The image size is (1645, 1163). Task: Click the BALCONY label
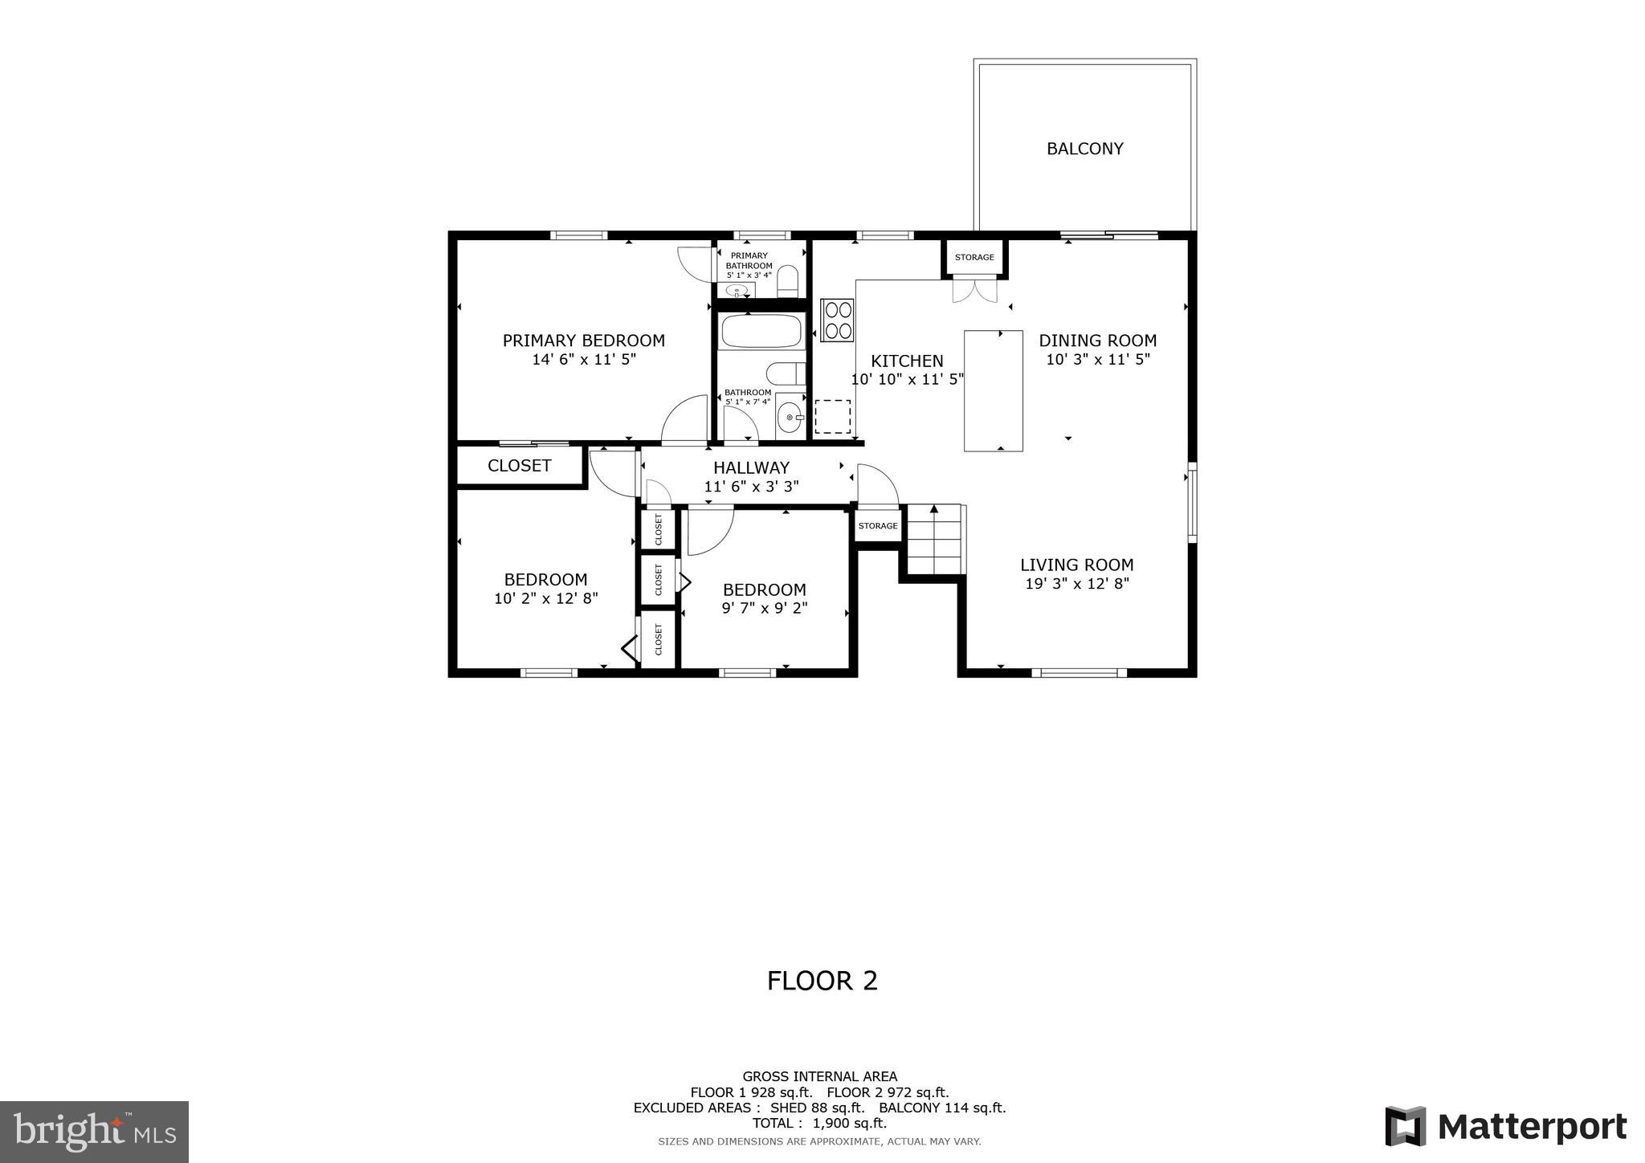click(x=1084, y=149)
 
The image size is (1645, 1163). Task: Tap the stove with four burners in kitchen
click(x=837, y=320)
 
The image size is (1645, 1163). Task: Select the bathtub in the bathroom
click(x=761, y=331)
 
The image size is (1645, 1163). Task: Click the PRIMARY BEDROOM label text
click(x=584, y=341)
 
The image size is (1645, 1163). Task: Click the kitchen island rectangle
click(x=993, y=390)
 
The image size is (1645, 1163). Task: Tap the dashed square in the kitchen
click(x=832, y=417)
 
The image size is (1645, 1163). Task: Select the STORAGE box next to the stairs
click(x=877, y=526)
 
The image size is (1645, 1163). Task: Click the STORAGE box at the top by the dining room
click(x=974, y=258)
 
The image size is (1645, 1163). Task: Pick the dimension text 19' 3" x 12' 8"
click(x=1077, y=584)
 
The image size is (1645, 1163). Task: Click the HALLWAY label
click(x=751, y=467)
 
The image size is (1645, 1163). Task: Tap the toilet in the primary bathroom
click(x=788, y=282)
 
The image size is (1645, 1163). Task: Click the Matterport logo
click(x=1506, y=1126)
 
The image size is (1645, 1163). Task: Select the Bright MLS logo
click(x=95, y=1132)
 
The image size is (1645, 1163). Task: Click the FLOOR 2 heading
click(x=822, y=981)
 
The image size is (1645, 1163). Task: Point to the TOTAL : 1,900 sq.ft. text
click(x=819, y=1123)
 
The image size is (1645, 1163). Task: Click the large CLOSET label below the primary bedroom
click(x=519, y=466)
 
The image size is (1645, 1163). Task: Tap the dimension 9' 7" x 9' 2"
click(x=764, y=609)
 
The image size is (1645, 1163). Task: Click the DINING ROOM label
click(x=1097, y=341)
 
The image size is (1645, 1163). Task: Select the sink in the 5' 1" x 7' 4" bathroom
click(x=790, y=418)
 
